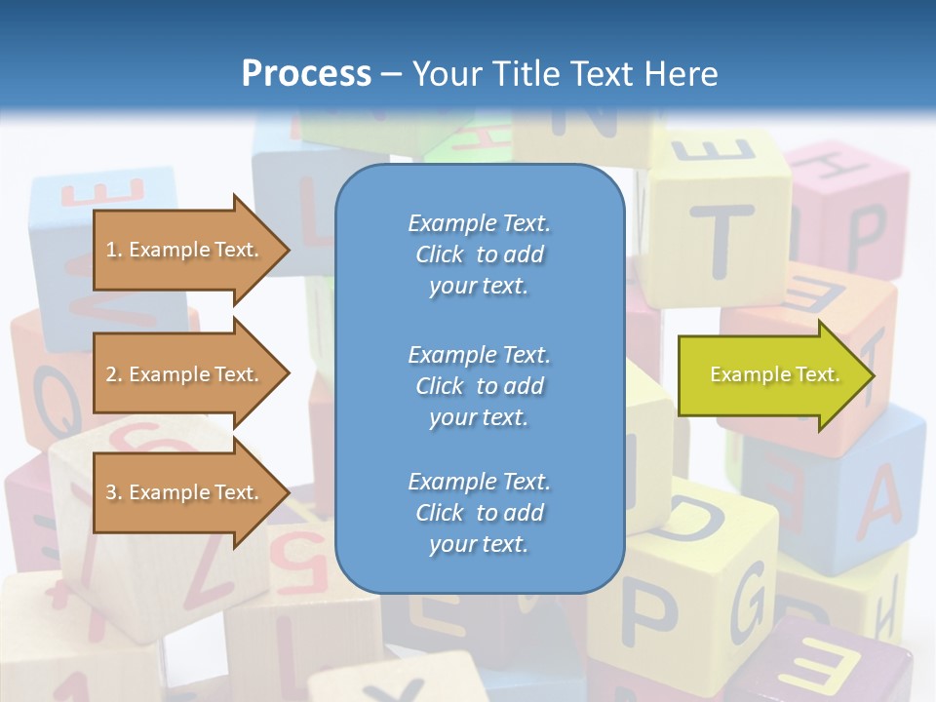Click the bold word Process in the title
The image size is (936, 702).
(306, 74)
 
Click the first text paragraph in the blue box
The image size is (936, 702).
(479, 254)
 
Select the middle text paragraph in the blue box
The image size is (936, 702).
(479, 385)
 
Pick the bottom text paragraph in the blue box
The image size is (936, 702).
(479, 513)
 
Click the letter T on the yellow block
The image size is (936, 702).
(722, 240)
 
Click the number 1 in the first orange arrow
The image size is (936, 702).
(111, 250)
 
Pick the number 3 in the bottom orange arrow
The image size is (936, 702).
(111, 492)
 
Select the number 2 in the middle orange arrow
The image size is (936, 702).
(111, 374)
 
